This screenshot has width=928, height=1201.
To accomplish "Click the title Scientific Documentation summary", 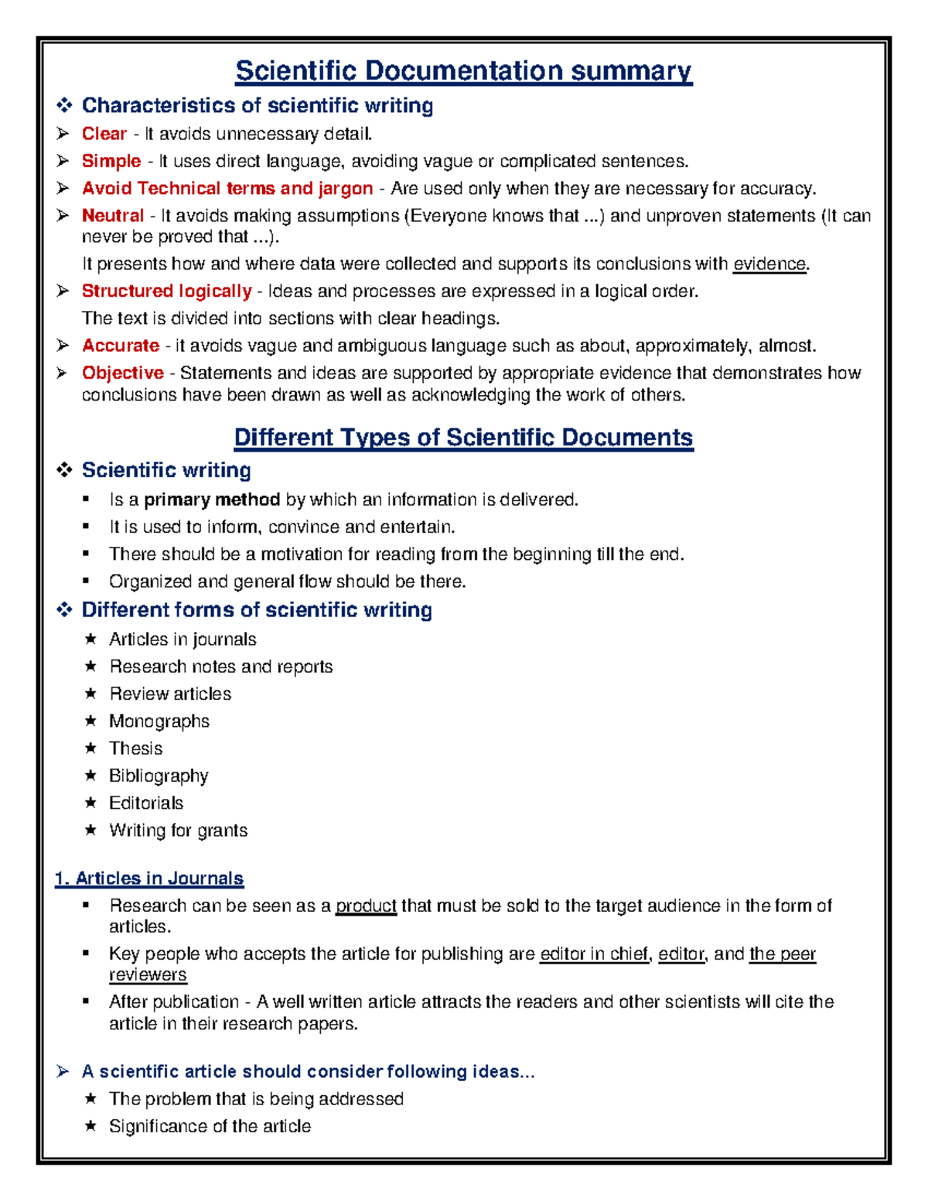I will pyautogui.click(x=463, y=71).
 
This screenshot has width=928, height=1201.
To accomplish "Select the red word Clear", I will pyautogui.click(x=104, y=134).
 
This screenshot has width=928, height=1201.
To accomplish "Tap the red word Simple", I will pyautogui.click(x=111, y=161).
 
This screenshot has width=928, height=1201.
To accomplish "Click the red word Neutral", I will pyautogui.click(x=113, y=216).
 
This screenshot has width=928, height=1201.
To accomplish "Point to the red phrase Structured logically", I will pyautogui.click(x=166, y=292).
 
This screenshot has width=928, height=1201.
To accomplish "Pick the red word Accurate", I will pyautogui.click(x=121, y=346).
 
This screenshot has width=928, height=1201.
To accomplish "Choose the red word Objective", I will pyautogui.click(x=122, y=373).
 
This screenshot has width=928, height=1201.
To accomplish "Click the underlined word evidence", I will pyautogui.click(x=769, y=264).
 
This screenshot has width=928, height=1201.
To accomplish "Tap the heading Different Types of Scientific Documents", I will pyautogui.click(x=463, y=438).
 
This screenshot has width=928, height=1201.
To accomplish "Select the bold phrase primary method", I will pyautogui.click(x=212, y=500).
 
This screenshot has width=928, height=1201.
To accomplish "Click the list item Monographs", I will pyautogui.click(x=159, y=722).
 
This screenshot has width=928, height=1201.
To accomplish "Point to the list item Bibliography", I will pyautogui.click(x=159, y=776).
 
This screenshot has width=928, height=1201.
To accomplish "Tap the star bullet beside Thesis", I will pyautogui.click(x=90, y=748).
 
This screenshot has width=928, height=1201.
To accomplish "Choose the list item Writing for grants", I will pyautogui.click(x=178, y=831).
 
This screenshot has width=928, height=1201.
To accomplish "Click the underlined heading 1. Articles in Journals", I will pyautogui.click(x=149, y=879).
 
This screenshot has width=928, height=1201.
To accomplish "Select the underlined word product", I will pyautogui.click(x=366, y=906).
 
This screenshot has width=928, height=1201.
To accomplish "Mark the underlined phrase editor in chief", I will pyautogui.click(x=594, y=954).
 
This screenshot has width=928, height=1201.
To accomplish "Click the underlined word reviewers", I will pyautogui.click(x=148, y=975).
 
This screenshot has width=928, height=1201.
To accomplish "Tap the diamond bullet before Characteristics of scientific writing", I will pyautogui.click(x=64, y=105).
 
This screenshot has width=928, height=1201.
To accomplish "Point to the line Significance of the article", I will pyautogui.click(x=210, y=1127).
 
